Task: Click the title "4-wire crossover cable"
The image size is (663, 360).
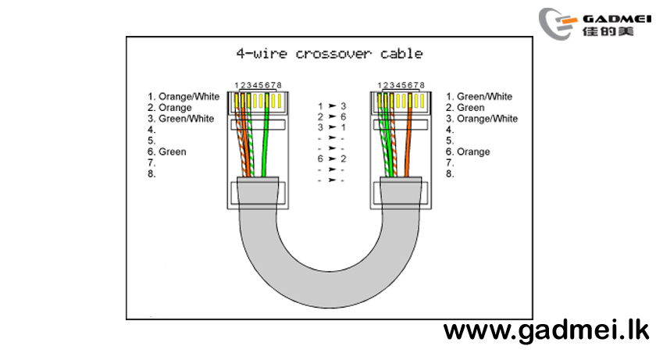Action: [330, 54]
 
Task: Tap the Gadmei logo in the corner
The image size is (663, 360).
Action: [594, 24]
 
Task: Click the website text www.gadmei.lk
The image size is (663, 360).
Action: [546, 331]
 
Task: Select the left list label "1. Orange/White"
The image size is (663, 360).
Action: [184, 97]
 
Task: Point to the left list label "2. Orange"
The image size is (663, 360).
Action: [169, 108]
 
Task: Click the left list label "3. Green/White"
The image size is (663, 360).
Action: [180, 119]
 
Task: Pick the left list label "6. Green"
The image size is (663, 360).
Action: [166, 151]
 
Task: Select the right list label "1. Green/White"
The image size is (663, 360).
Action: [479, 97]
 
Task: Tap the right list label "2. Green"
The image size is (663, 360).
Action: [465, 108]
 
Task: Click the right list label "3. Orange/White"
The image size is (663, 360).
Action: [482, 119]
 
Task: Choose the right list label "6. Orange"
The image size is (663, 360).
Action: [468, 151]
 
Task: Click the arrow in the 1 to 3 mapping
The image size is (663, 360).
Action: [333, 105]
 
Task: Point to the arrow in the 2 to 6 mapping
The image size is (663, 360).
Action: [333, 116]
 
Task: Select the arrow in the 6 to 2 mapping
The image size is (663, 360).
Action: [333, 159]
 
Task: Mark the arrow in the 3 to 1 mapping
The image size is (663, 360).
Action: [333, 127]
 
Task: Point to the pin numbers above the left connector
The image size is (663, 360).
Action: [258, 85]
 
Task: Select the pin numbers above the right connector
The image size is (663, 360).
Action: [401, 85]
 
